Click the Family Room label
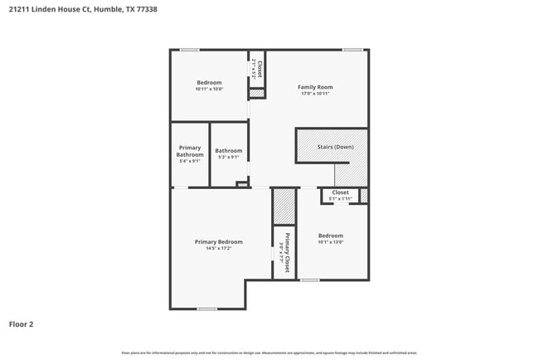point(315,87)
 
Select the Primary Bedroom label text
point(219,241)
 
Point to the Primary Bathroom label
point(190,151)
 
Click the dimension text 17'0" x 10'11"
point(315,94)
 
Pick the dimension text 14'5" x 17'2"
point(219,248)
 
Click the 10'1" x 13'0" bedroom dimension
point(331,242)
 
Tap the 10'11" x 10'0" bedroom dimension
point(209,89)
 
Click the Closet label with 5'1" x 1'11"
point(340,192)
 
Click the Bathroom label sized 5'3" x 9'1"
point(229,151)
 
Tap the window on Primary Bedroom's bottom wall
point(207,309)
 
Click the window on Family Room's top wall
point(353,50)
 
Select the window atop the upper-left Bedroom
point(190,50)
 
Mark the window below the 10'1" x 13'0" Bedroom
point(309,280)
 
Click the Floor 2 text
point(21,324)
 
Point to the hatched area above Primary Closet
point(284,207)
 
